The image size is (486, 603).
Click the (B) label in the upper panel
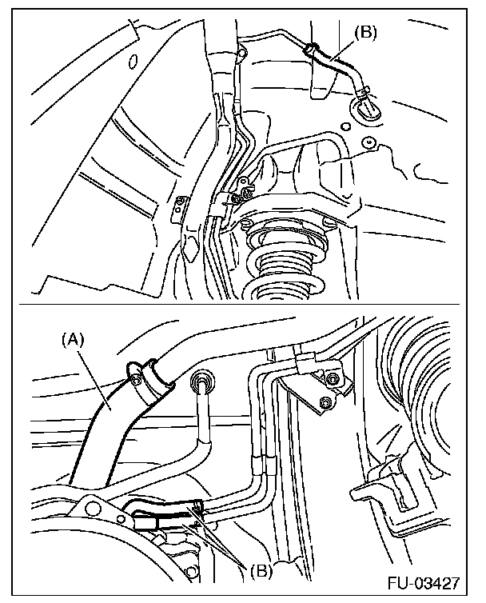(x=365, y=32)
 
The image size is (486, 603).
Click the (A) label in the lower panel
(x=72, y=340)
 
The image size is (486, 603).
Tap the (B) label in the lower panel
(x=261, y=570)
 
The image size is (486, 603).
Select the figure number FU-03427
(x=424, y=583)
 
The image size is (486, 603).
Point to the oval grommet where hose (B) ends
(x=365, y=108)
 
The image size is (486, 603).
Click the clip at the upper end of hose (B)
(x=312, y=49)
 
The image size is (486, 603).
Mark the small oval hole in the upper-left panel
(x=133, y=61)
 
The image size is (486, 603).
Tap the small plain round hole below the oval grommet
(x=345, y=126)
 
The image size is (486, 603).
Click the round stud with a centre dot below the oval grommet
(x=369, y=142)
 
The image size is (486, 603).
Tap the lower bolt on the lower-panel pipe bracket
(x=325, y=402)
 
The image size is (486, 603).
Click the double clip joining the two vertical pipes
(x=263, y=463)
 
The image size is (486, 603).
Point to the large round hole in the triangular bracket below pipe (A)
(x=91, y=509)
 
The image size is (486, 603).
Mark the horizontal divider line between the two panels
(x=240, y=305)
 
